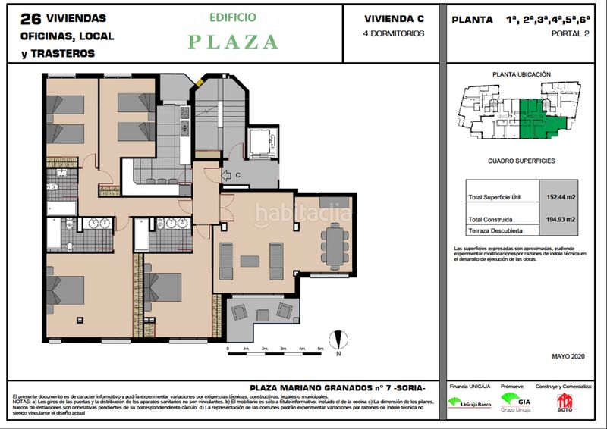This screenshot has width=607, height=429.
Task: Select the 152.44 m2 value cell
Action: [561, 197]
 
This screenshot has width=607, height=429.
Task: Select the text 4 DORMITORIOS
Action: [394, 33]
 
